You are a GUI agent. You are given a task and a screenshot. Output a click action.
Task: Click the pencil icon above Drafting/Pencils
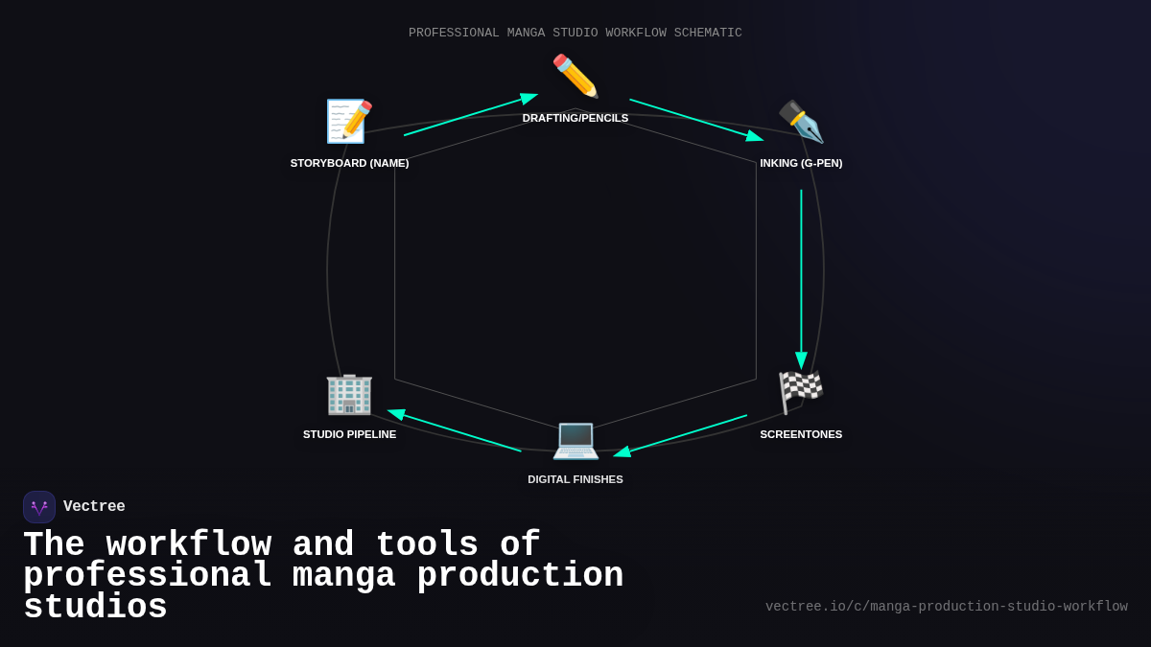click(575, 77)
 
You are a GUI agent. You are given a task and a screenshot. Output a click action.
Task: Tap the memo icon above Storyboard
click(349, 122)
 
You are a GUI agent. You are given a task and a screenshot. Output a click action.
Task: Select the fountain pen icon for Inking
click(801, 122)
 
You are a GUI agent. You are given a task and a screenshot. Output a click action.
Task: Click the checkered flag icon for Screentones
click(801, 392)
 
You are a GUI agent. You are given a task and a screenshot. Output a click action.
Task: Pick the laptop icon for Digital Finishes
click(575, 439)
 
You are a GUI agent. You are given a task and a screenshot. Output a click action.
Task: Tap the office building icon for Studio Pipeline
click(349, 393)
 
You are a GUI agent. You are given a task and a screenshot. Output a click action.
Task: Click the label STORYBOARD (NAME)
click(349, 163)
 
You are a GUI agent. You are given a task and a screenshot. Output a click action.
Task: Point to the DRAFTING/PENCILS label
click(575, 118)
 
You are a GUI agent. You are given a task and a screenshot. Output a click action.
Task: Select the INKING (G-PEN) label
click(801, 163)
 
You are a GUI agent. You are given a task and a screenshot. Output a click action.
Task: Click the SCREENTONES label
click(801, 434)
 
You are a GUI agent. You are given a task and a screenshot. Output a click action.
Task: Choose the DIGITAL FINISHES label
click(575, 479)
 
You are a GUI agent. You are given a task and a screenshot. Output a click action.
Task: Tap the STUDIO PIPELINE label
click(349, 434)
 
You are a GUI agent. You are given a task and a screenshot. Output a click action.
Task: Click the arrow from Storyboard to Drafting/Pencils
click(470, 115)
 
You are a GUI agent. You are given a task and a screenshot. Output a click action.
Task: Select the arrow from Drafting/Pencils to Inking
click(696, 120)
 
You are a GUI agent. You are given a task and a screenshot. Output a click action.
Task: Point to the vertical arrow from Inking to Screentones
click(801, 278)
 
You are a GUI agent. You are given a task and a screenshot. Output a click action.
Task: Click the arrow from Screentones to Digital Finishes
click(681, 435)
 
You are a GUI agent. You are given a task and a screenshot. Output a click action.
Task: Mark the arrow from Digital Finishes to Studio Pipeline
click(455, 430)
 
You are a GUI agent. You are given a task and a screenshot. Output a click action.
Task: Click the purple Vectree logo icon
click(39, 507)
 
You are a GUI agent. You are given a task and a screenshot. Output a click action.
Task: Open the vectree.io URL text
click(946, 607)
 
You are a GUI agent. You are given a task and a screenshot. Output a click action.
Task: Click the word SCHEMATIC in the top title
click(708, 33)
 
